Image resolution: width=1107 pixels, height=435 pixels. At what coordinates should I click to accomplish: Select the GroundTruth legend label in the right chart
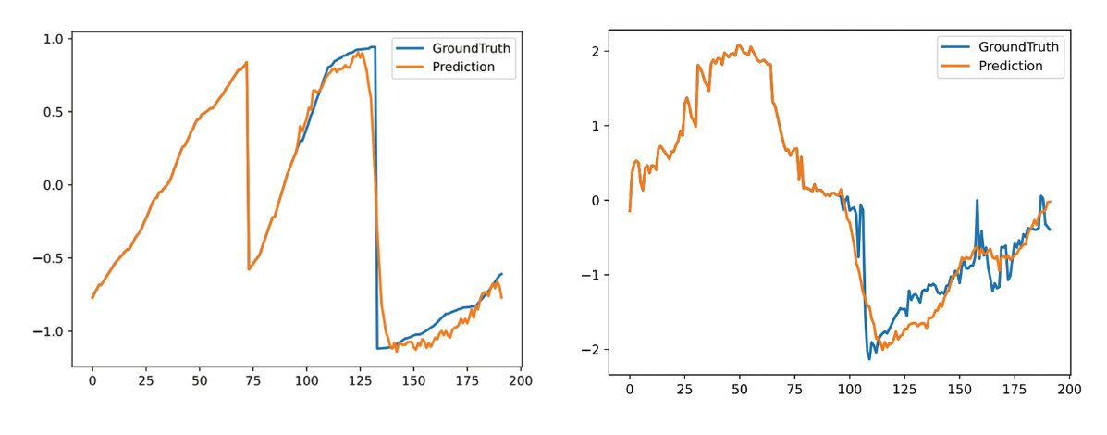coord(1018,47)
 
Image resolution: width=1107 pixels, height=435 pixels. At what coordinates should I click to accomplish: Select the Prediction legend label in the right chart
coord(1010,66)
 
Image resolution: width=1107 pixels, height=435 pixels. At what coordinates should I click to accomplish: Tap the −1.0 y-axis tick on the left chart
coord(46,331)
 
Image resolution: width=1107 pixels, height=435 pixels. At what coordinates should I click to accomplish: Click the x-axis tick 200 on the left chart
coord(520,380)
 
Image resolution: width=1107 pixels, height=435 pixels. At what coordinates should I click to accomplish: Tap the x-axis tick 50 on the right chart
coord(739,388)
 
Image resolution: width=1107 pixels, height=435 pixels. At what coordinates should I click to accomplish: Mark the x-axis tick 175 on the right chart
coord(1015,388)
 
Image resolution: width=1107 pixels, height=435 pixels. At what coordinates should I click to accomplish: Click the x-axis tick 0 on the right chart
coord(630,388)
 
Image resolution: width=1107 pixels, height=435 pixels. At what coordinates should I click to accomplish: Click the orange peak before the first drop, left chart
coord(247,62)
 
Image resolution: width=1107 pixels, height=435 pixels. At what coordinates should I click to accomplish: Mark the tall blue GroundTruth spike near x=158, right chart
coord(978,200)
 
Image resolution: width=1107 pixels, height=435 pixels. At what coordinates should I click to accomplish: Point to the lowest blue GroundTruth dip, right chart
coord(868,358)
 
